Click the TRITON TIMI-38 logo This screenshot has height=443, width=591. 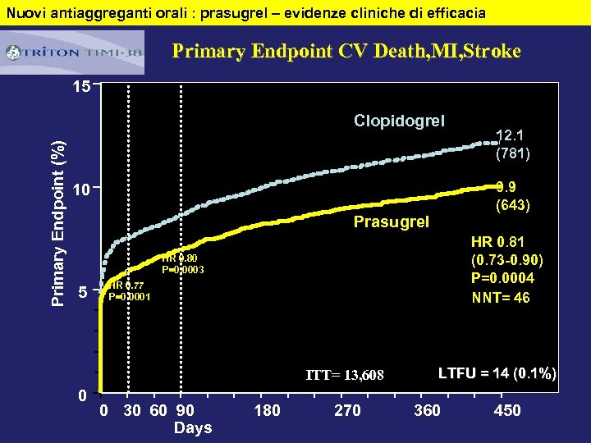[x=73, y=53]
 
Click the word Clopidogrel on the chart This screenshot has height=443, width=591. [x=399, y=121]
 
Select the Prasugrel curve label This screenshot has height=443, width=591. [x=391, y=221]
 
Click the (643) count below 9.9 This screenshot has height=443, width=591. [x=513, y=205]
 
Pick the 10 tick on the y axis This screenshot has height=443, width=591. [x=80, y=190]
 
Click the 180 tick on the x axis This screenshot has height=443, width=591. [x=268, y=410]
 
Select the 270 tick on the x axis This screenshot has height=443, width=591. [x=347, y=410]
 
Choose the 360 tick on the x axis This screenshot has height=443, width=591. [x=427, y=410]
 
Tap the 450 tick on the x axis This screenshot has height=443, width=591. [x=506, y=410]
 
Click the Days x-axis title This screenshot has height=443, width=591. [x=193, y=427]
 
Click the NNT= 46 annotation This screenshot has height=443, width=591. [x=501, y=297]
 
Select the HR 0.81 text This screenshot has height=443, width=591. [x=497, y=243]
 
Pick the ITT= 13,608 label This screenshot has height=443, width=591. [x=345, y=376]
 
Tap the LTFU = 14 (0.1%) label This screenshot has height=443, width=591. [x=497, y=374]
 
